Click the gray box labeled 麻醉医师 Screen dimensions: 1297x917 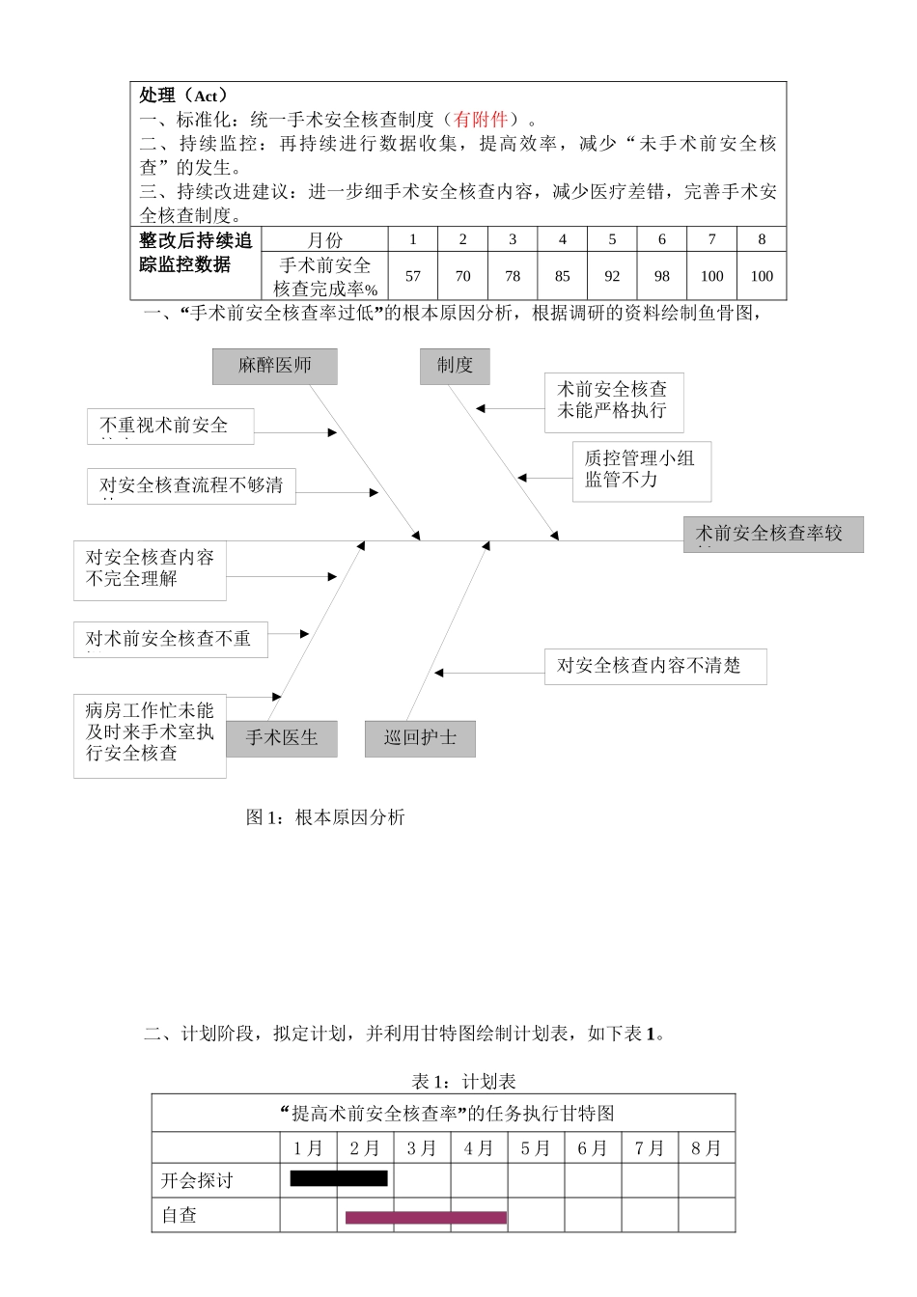pos(275,366)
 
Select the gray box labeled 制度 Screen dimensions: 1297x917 pos(455,366)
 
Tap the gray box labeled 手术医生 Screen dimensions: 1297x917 pos(282,738)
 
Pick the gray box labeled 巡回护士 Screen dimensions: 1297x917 pos(420,738)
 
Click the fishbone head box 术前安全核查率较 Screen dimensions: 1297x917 pos(772,534)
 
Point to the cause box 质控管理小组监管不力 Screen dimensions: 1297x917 pos(641,470)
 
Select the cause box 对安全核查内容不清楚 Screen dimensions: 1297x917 pos(655,666)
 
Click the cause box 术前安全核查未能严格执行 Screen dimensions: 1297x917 pos(614,400)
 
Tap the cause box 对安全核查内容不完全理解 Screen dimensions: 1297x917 pos(150,569)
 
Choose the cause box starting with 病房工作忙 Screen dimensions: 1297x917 pos(150,733)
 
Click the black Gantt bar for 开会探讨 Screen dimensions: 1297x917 pos(339,1178)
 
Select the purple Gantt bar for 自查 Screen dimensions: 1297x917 pos(426,1217)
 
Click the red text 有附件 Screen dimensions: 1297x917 pos(481,120)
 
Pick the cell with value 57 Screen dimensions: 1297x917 pos(413,276)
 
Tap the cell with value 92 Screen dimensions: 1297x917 pos(612,276)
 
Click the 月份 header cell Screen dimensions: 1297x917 pos(324,239)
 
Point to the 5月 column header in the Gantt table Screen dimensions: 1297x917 pos(536,1147)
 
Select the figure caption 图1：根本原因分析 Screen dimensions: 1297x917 pos(325,817)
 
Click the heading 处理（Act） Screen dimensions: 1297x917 pos(183,95)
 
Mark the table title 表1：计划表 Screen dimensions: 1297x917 pos(463,1081)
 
